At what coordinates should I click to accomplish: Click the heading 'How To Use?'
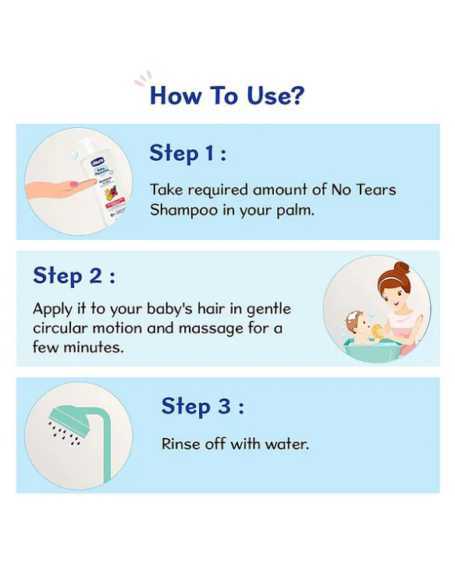(227, 95)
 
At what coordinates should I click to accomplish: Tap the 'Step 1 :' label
(188, 153)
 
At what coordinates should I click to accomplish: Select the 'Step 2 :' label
(74, 276)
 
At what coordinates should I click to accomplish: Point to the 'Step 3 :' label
(202, 407)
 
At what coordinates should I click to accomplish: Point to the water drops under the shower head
(63, 433)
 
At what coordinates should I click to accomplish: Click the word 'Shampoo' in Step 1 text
(179, 210)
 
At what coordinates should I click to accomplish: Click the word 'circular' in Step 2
(60, 328)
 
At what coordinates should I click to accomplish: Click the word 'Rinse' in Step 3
(180, 444)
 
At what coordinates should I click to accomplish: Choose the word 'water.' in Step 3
(287, 444)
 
